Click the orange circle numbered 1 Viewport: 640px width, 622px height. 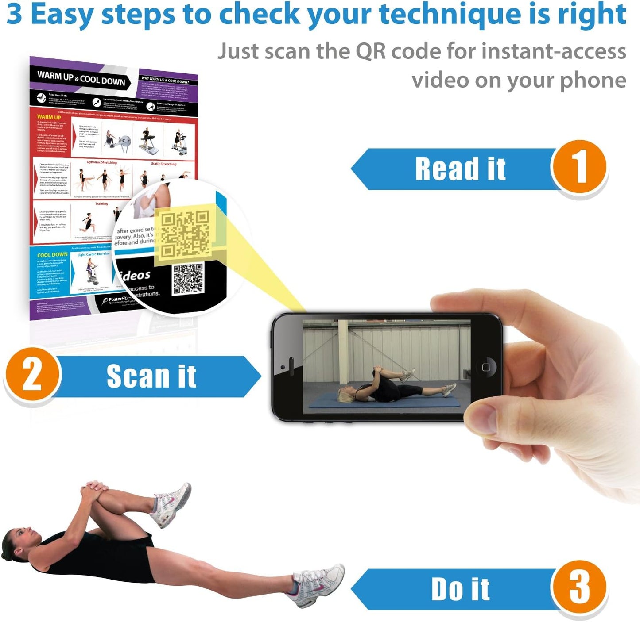point(578,167)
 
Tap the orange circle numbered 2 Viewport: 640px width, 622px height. point(32,375)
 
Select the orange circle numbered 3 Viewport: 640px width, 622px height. point(578,588)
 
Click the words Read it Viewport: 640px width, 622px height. point(460,169)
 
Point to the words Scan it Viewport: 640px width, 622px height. point(151,376)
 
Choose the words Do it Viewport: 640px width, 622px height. point(460,589)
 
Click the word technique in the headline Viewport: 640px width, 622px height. point(450,14)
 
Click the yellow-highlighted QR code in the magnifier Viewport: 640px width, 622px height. point(185,234)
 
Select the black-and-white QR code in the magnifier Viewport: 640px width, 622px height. point(188,278)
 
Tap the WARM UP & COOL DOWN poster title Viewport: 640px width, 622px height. point(81,78)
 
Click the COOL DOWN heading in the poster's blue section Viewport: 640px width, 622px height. point(52,255)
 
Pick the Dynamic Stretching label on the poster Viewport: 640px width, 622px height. point(102,162)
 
